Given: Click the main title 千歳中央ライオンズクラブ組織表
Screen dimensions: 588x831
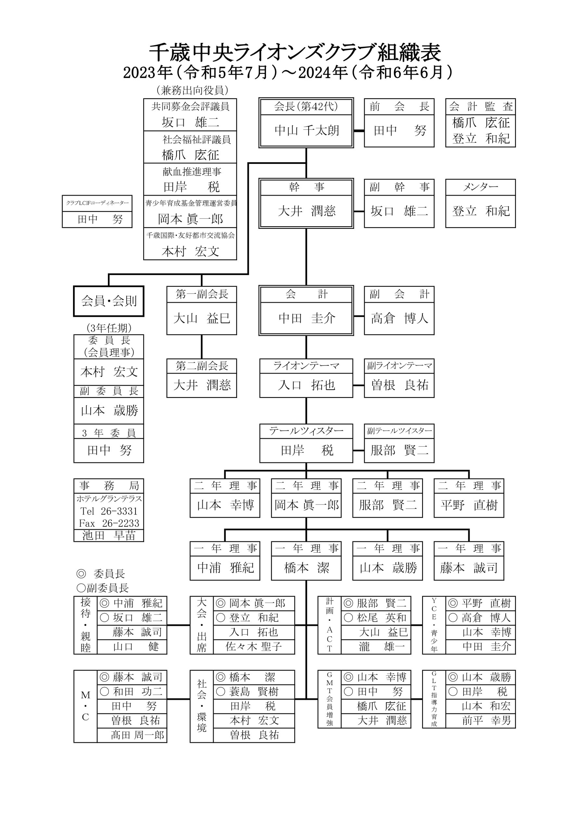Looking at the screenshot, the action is coord(295,53).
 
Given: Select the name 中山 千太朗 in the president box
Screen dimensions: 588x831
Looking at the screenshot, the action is coord(306,130).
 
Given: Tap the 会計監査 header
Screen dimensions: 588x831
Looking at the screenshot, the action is coord(481,106).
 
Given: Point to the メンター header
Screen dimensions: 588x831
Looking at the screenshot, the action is coord(480,187).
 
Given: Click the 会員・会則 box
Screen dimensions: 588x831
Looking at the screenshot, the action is coord(109,301).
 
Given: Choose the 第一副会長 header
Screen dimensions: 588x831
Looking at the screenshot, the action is coord(202,294).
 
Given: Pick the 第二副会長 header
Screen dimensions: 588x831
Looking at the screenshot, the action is coord(202,366).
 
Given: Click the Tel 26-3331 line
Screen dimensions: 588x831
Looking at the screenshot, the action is coord(109,511).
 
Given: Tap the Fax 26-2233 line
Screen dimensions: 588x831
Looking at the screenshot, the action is coord(109,523).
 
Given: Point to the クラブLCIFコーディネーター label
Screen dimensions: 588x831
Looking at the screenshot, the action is coord(97,203).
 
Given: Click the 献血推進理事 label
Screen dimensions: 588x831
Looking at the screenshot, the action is coord(192,172).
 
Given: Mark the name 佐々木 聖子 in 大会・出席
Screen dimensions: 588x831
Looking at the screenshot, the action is coord(254,646).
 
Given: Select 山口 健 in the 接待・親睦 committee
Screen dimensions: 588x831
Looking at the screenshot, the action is coord(136,646).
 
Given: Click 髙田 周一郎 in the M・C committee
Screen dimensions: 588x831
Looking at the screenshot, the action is coord(137,735).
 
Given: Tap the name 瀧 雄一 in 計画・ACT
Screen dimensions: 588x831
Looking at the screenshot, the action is coord(383,646).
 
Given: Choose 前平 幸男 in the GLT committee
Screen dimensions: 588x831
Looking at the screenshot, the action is coord(486,720).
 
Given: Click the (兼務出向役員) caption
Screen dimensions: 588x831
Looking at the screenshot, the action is coord(192,90).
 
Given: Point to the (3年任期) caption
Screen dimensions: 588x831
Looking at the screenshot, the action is coord(109,328).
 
